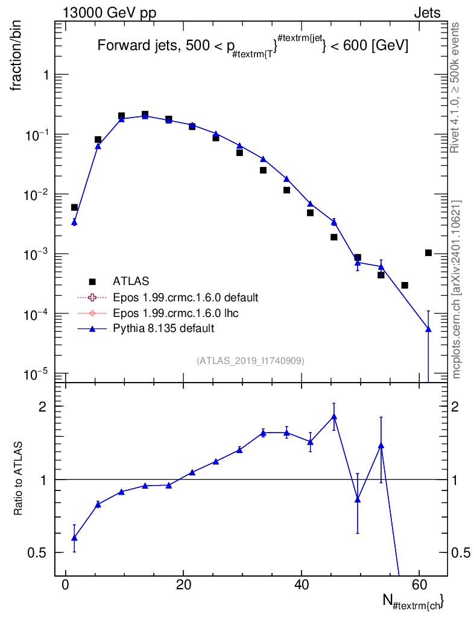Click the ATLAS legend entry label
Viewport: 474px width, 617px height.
131,281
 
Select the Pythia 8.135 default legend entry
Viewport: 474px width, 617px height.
163,328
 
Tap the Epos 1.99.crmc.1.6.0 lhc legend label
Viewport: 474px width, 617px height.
175,313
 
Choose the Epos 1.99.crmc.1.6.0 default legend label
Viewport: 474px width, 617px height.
185,297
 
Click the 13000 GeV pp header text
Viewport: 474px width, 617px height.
109,13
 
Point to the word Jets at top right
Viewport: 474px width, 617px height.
427,13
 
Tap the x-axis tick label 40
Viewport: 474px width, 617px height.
301,584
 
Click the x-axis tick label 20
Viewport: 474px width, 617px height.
183,584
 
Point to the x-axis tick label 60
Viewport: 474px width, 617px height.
419,584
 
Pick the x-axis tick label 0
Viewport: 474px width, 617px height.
66,584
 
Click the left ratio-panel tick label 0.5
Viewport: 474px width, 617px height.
36,553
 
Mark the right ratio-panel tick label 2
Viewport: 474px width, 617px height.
455,407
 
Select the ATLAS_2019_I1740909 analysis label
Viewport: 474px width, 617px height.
250,360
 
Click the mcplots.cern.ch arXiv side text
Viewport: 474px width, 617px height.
456,289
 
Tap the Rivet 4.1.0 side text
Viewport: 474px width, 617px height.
455,87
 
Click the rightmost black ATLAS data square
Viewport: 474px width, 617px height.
428,252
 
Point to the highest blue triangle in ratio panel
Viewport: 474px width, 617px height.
334,416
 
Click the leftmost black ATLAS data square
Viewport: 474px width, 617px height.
74,207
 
